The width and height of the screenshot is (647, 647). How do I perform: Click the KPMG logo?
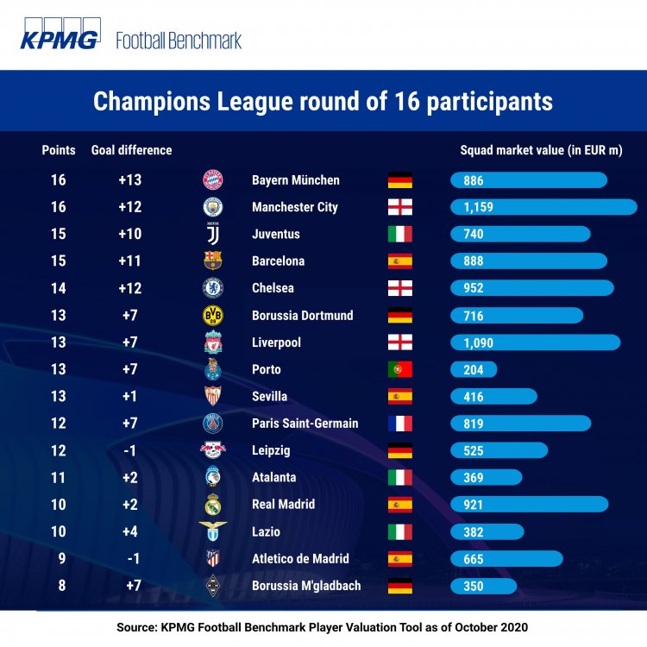pyautogui.click(x=60, y=34)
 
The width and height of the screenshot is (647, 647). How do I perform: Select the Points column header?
pyautogui.click(x=59, y=150)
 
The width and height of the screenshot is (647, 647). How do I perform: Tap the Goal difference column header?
pyautogui.click(x=132, y=150)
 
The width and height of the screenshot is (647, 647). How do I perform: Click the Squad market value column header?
pyautogui.click(x=542, y=150)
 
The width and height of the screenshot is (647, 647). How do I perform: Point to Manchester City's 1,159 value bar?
pyautogui.click(x=543, y=207)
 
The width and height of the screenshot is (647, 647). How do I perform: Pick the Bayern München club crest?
pyautogui.click(x=213, y=180)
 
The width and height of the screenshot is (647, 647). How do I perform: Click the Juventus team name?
pyautogui.click(x=276, y=234)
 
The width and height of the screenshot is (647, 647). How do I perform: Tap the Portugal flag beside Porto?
pyautogui.click(x=399, y=369)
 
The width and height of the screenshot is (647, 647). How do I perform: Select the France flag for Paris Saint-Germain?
pyautogui.click(x=399, y=424)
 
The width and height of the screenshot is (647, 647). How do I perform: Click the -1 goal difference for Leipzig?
pyautogui.click(x=130, y=450)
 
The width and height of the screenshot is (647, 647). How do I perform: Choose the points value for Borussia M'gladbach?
pyautogui.click(x=62, y=586)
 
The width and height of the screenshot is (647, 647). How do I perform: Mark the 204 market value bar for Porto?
pyautogui.click(x=474, y=370)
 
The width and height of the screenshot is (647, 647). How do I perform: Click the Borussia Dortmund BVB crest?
pyautogui.click(x=213, y=316)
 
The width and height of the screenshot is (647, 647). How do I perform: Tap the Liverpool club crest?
pyautogui.click(x=213, y=342)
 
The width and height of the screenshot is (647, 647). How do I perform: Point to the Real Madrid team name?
pyautogui.click(x=284, y=505)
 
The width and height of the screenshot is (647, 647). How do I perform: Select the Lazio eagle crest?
pyautogui.click(x=213, y=531)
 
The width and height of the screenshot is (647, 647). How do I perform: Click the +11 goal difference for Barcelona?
pyautogui.click(x=130, y=261)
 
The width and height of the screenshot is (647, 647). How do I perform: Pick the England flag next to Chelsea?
pyautogui.click(x=399, y=288)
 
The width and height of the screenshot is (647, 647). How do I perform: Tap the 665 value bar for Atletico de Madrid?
pyautogui.click(x=506, y=559)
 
